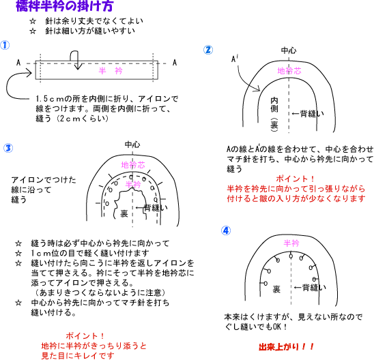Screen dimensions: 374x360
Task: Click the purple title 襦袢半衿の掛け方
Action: (x=64, y=5)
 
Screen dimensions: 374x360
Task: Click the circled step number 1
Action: (x=5, y=45)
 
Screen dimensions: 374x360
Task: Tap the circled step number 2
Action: (x=208, y=50)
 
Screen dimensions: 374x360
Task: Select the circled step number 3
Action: (x=8, y=148)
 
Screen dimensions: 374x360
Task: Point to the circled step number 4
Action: (x=226, y=230)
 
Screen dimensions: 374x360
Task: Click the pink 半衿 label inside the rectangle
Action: (x=111, y=70)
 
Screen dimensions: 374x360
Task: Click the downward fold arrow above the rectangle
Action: (x=76, y=60)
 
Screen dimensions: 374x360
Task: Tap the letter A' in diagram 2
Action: (x=235, y=59)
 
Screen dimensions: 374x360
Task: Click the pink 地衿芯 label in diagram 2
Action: (x=289, y=71)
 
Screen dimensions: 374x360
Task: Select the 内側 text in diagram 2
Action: (x=274, y=104)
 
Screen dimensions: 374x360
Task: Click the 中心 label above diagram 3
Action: (x=132, y=145)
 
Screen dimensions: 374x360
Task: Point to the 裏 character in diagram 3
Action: (x=124, y=213)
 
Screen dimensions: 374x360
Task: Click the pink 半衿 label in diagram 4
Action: (x=291, y=243)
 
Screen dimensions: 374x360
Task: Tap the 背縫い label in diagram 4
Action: (x=314, y=287)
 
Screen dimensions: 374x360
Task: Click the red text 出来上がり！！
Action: (x=286, y=346)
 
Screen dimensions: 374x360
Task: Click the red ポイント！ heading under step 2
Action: (x=296, y=179)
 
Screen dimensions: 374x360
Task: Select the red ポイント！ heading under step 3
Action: (x=85, y=335)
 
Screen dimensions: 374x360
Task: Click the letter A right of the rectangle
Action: (x=175, y=63)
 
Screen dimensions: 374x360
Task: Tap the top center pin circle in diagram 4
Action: (x=291, y=256)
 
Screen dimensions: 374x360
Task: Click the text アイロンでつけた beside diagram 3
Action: (x=44, y=180)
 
